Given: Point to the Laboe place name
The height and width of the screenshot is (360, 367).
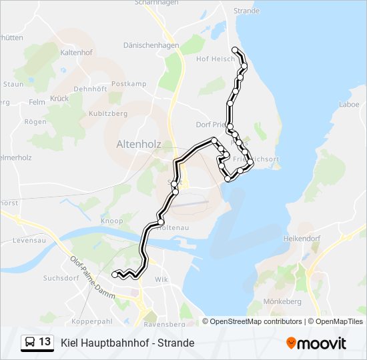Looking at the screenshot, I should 349,104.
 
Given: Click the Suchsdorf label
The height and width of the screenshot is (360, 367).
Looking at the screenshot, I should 61,277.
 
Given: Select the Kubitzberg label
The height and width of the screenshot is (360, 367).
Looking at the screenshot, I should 107,114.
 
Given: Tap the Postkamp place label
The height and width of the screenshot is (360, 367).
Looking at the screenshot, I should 129,84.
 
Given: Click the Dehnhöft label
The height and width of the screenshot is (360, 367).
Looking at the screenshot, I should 90,88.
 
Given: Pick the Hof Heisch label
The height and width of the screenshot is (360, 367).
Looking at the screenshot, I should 213,59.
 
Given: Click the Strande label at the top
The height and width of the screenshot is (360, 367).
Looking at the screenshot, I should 246,11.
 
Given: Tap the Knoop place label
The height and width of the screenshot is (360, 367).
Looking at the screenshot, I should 111,221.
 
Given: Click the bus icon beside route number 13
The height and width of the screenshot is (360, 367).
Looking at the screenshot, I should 30,343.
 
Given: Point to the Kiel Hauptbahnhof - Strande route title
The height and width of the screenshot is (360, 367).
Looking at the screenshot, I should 127,343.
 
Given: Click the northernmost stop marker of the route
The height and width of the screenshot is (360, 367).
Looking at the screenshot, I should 234,50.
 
